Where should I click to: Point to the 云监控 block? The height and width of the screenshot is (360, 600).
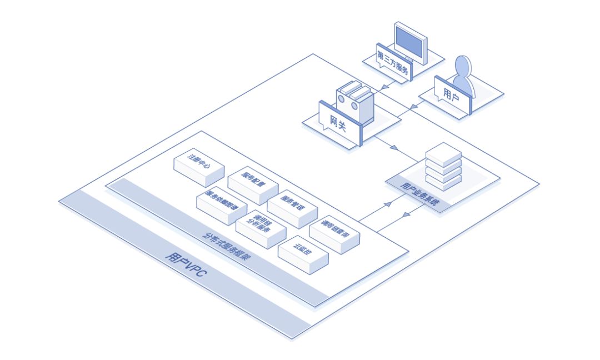(x=303, y=251)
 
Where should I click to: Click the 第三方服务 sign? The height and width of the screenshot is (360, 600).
(x=394, y=62)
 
